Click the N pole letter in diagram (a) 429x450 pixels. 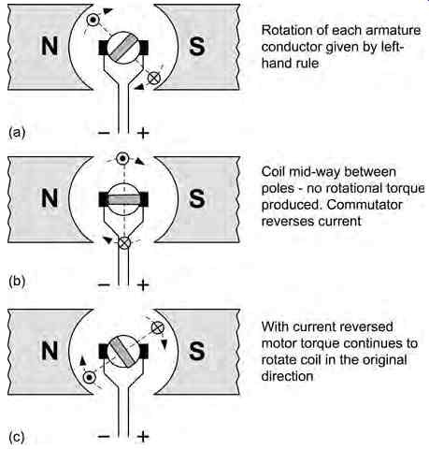pos(50,46)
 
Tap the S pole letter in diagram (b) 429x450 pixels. pos(197,198)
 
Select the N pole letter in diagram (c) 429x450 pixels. pos(50,351)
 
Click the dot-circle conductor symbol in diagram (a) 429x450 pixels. pos(93,21)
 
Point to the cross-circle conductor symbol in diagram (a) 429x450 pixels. pos(153,78)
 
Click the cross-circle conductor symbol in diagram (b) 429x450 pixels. pos(124,242)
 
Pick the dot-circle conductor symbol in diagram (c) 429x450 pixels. pos(90,378)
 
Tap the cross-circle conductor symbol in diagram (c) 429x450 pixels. pos(158,327)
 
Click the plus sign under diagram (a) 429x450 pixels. pos(143,134)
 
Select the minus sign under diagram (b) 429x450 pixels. pos(104,284)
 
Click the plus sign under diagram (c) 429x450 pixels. pos(143,437)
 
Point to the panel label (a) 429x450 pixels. pos(17,133)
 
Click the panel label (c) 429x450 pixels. pos(17,437)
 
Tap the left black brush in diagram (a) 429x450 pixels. pos(104,48)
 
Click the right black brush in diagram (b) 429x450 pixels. pos(144,199)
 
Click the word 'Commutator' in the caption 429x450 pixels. pos(365,205)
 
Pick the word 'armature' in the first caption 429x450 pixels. pos(393,31)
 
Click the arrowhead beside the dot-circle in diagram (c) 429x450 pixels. pos(82,361)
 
